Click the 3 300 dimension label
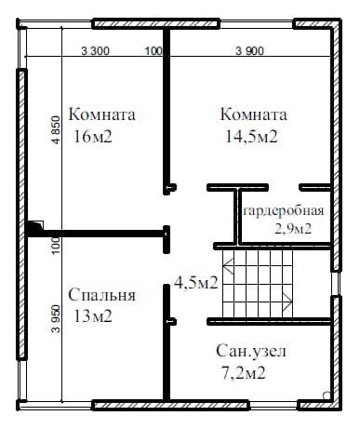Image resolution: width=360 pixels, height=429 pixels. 95,50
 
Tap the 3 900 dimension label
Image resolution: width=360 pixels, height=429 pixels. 249,50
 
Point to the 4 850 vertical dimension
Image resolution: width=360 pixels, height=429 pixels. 56,129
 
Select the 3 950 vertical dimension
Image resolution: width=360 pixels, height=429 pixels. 56,318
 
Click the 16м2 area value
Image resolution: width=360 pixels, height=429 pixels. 93,136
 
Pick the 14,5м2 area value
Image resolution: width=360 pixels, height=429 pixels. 251,136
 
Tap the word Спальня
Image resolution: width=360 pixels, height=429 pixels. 101,295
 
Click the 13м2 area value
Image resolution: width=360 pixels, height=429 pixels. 93,316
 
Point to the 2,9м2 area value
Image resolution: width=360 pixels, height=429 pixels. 293,229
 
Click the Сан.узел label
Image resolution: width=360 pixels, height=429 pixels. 251,351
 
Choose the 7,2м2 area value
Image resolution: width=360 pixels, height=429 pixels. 244,372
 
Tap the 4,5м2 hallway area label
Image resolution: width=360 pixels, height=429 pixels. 196,283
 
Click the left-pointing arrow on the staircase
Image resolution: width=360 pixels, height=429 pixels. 229,266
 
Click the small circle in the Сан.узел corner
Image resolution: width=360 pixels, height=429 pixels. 327,395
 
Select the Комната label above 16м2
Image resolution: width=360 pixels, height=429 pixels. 101,114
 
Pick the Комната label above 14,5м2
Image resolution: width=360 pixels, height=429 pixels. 253,114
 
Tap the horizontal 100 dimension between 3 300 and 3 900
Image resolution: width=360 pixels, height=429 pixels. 153,50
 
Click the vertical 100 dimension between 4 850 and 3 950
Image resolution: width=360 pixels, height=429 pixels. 56,246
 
